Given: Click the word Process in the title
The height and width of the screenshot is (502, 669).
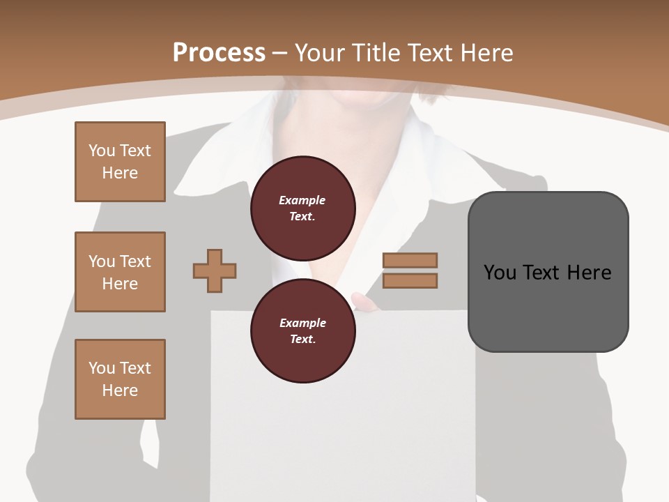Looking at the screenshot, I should pyautogui.click(x=219, y=53).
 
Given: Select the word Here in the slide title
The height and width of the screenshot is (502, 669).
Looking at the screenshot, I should pyautogui.click(x=486, y=53).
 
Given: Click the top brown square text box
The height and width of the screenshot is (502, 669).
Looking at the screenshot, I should pyautogui.click(x=120, y=162).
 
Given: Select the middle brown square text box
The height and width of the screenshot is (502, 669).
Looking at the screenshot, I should pyautogui.click(x=120, y=272).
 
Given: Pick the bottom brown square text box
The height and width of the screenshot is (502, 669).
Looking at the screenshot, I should pyautogui.click(x=120, y=379).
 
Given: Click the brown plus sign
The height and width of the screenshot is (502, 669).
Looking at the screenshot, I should pyautogui.click(x=215, y=271).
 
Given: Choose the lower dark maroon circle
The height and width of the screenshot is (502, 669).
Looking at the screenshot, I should pyautogui.click(x=302, y=331).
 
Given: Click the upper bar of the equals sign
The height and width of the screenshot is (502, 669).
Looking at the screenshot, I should pyautogui.click(x=410, y=260).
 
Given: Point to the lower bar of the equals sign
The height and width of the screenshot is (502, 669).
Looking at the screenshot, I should pyautogui.click(x=410, y=280).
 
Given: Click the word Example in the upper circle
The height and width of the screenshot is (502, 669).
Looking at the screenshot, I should pyautogui.click(x=302, y=200).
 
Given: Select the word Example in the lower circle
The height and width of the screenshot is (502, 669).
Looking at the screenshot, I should pyautogui.click(x=302, y=323).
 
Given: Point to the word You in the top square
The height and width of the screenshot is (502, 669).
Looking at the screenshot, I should pyautogui.click(x=102, y=151).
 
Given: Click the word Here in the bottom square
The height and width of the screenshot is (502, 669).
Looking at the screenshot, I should pyautogui.click(x=120, y=390).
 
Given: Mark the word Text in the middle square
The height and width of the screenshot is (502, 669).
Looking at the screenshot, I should pyautogui.click(x=134, y=261).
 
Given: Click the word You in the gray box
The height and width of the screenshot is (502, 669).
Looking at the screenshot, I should pyautogui.click(x=500, y=273).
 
